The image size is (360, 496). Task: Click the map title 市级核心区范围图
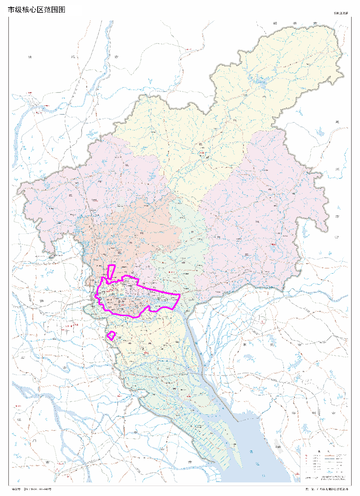[36, 10]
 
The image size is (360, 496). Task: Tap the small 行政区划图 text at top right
[341, 13]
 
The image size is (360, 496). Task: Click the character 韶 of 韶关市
[275, 23]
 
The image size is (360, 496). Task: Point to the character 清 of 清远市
[30, 57]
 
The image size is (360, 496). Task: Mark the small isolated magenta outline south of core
[111, 335]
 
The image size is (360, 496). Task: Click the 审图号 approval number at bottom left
[32, 489]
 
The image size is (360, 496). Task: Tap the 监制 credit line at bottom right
[326, 489]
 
